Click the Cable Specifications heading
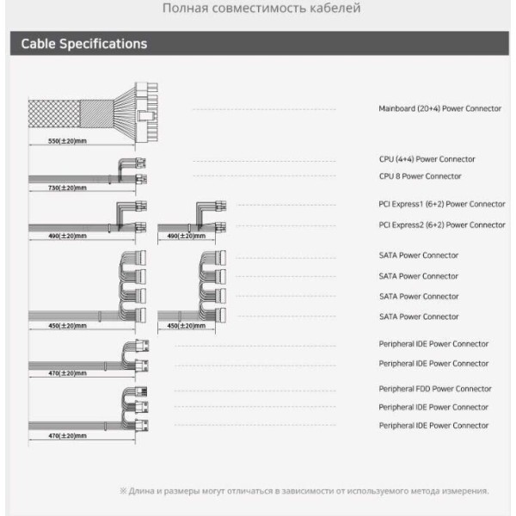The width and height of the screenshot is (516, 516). pyautogui.click(x=83, y=44)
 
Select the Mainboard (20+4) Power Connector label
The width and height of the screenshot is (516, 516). pyautogui.click(x=439, y=109)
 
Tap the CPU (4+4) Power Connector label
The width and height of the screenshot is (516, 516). pyautogui.click(x=427, y=159)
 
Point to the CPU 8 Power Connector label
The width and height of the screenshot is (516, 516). pyautogui.click(x=420, y=176)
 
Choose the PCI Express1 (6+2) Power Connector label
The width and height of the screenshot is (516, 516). pyautogui.click(x=442, y=205)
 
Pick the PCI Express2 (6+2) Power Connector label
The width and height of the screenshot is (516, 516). pyautogui.click(x=442, y=224)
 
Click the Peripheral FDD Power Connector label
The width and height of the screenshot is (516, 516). pyautogui.click(x=435, y=389)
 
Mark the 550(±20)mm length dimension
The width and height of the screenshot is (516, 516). pyautogui.click(x=66, y=140)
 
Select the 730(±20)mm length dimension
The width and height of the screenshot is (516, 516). pyautogui.click(x=66, y=187)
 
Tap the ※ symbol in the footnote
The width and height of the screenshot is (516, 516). pyautogui.click(x=122, y=491)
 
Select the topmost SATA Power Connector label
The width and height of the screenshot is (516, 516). pyautogui.click(x=419, y=255)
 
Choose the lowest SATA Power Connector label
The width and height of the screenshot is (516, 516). pyautogui.click(x=419, y=316)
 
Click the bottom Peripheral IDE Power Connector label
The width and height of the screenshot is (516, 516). pyautogui.click(x=433, y=426)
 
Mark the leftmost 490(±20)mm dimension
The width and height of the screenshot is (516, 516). pyautogui.click(x=66, y=235)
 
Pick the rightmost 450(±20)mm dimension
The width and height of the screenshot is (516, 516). pyautogui.click(x=183, y=326)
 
